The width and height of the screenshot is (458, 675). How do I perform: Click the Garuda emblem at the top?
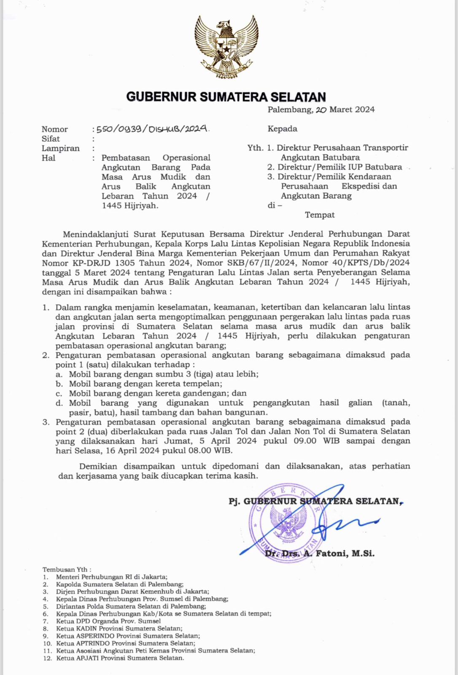click(226, 46)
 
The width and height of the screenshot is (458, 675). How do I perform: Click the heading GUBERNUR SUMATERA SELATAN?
click(226, 97)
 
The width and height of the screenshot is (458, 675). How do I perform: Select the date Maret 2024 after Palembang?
click(352, 110)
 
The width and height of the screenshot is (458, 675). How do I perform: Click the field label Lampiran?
click(60, 148)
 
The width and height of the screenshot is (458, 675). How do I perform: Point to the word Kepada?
click(282, 129)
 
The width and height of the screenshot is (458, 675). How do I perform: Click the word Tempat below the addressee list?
click(320, 215)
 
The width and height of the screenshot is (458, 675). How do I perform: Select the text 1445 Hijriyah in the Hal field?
click(130, 206)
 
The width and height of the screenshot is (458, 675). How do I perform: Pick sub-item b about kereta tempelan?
click(145, 384)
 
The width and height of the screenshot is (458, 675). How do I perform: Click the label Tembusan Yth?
click(67, 570)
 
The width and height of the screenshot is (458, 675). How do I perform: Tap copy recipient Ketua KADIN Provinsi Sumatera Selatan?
click(119, 629)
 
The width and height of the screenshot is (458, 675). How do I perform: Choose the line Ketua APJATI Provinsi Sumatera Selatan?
click(120, 658)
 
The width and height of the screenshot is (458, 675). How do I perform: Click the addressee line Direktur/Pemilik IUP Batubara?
click(339, 167)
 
